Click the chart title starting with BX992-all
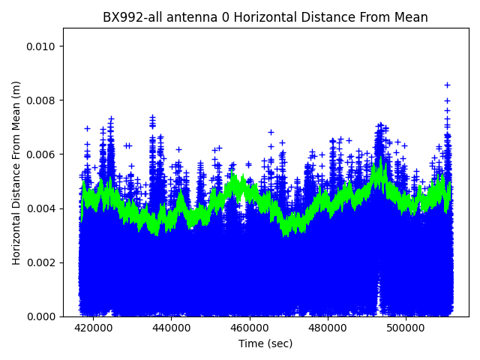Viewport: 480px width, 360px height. coord(265,17)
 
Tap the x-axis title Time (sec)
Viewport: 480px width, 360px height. coord(265,343)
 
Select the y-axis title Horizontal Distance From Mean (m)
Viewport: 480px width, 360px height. coord(16,172)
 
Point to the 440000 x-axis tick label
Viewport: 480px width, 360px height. coord(171,328)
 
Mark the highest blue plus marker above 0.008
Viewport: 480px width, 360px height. coord(447,85)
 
